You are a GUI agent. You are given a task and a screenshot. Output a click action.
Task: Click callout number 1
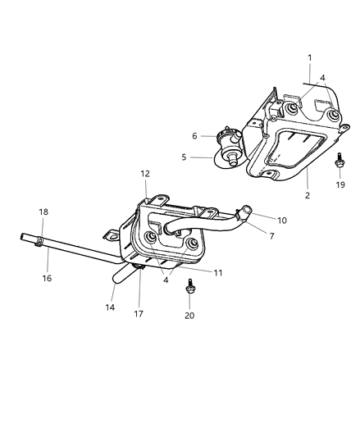309,58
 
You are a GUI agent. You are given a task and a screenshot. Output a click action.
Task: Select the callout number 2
308,197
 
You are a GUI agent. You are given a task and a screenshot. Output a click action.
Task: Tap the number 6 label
194,136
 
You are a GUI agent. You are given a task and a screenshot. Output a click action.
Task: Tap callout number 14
110,307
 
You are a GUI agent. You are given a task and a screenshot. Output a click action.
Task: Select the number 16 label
47,278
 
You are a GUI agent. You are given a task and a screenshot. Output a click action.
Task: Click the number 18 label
43,212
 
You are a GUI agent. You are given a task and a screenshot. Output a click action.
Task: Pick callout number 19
339,185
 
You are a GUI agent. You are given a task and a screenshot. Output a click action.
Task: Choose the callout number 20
189,315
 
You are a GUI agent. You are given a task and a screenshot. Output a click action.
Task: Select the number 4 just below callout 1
322,79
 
